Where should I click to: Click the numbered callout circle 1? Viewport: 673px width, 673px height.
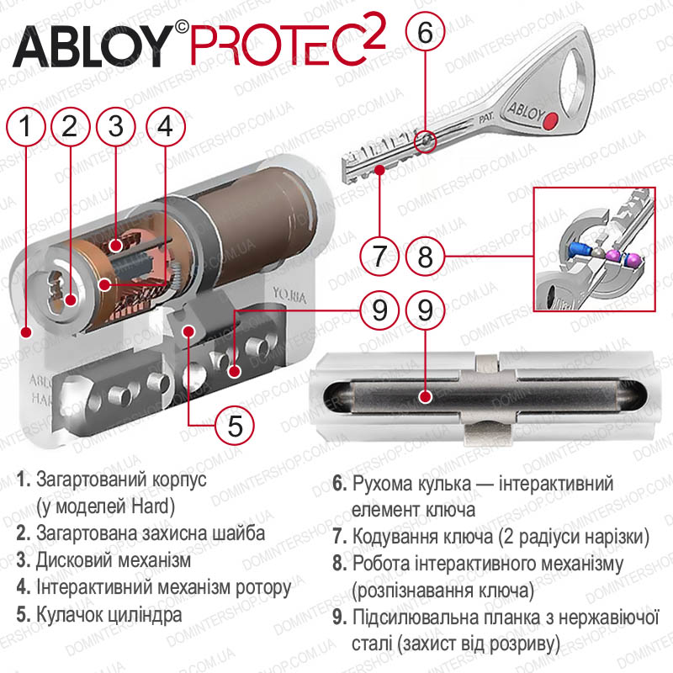click(26, 127)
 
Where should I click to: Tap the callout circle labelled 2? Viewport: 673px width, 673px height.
click(71, 127)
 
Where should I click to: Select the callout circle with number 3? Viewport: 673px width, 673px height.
click(116, 127)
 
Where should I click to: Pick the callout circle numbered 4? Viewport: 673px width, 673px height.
click(166, 127)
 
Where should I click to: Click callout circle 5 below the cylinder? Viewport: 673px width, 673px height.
click(235, 426)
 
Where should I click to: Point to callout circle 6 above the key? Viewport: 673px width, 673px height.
click(426, 32)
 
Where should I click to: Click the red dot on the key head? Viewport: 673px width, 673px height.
click(550, 121)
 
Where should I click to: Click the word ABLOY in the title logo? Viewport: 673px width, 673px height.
click(93, 46)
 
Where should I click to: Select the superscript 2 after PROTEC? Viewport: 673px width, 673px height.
click(369, 31)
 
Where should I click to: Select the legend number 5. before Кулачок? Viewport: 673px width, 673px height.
click(24, 614)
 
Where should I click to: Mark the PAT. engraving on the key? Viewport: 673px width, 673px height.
click(486, 118)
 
